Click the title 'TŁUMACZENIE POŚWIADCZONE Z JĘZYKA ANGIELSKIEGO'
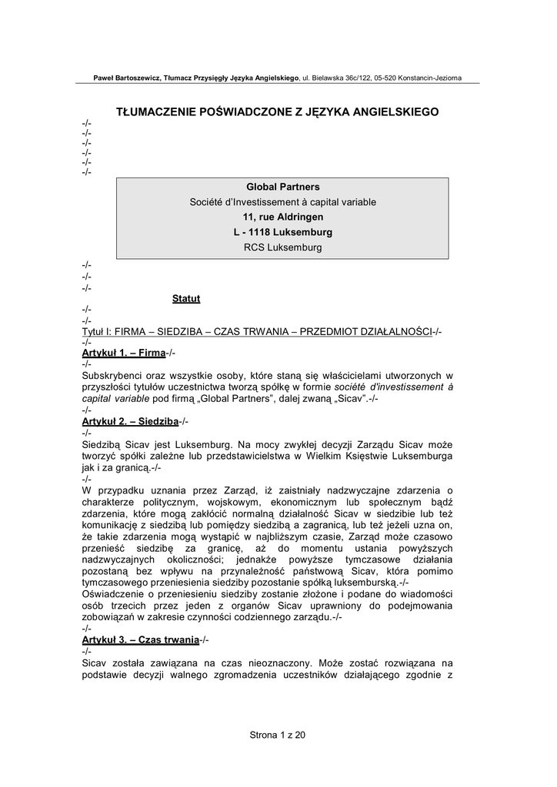tap(277, 112)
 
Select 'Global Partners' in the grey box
tap(282, 187)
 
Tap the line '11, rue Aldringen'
tap(282, 218)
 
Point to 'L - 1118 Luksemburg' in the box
tap(282, 232)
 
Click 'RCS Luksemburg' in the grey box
tap(282, 247)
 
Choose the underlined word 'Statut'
tap(186, 298)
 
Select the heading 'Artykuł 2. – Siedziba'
tap(129, 422)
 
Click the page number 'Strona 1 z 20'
tap(278, 735)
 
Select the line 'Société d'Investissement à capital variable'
tap(282, 202)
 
